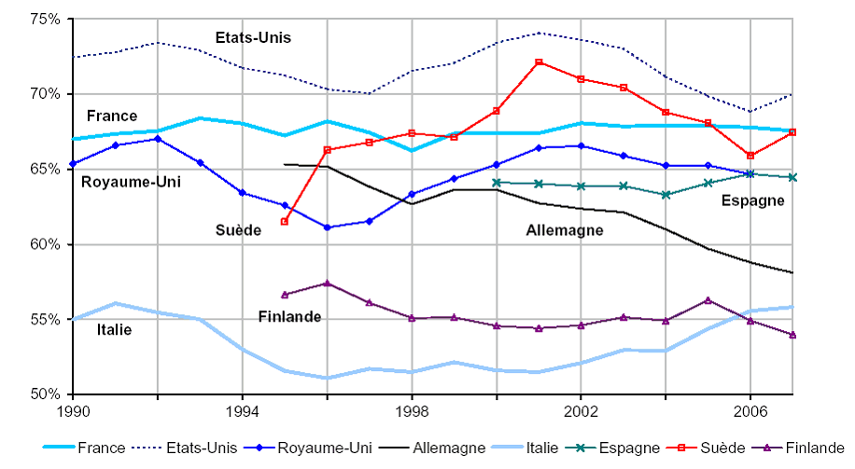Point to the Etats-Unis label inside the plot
[x=253, y=38]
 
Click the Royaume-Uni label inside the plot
[x=131, y=182]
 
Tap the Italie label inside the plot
[x=114, y=329]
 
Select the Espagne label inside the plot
[x=752, y=200]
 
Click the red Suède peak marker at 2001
[x=539, y=62]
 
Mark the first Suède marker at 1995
[x=285, y=221]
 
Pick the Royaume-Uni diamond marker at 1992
[x=158, y=139]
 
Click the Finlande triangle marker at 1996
[x=327, y=283]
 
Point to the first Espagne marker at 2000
[x=496, y=182]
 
